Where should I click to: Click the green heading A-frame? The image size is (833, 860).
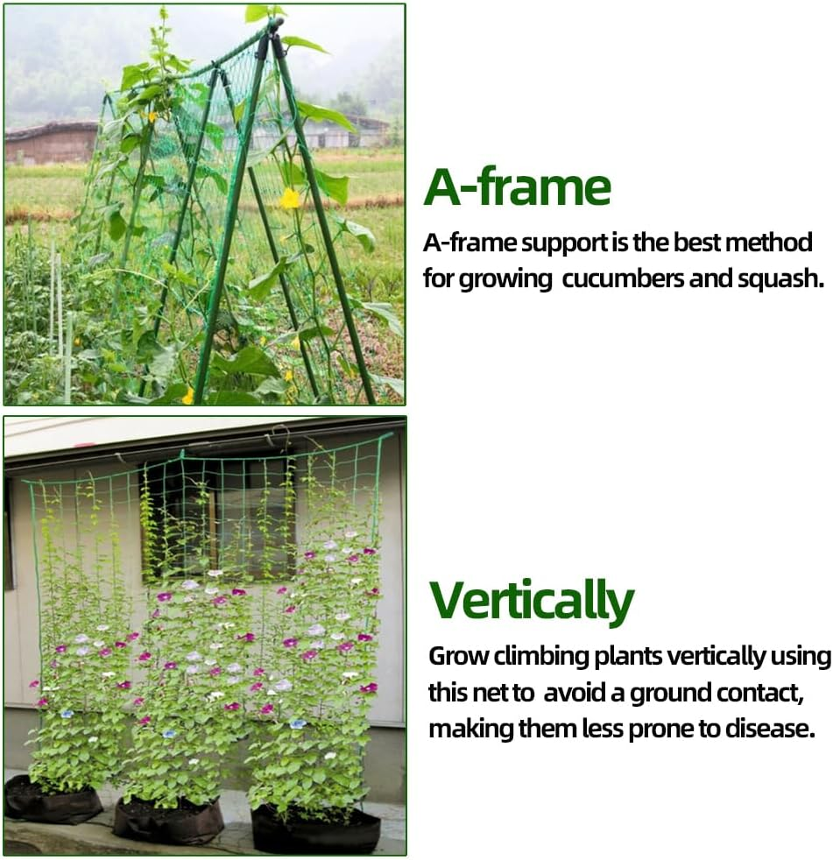(517, 187)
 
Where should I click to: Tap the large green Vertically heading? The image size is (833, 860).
(531, 600)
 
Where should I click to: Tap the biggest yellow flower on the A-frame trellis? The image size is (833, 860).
(290, 199)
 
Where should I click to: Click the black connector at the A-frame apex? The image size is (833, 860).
(272, 39)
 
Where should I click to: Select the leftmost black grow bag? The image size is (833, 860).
(53, 800)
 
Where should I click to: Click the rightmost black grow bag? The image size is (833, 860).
(315, 829)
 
